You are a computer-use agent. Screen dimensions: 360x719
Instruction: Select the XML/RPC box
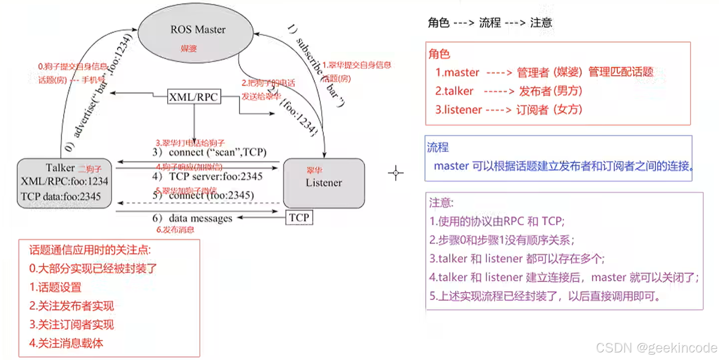[x=194, y=97]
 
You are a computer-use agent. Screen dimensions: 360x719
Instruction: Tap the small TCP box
[x=299, y=218]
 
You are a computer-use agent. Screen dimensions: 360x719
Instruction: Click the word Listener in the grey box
[x=324, y=183]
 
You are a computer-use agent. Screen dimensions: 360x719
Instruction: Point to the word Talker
[x=60, y=168]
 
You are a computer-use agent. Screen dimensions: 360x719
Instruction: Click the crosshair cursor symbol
[x=396, y=173]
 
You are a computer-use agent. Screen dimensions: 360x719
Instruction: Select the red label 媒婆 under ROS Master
[x=188, y=48]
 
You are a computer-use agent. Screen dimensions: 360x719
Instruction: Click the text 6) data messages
[x=192, y=218]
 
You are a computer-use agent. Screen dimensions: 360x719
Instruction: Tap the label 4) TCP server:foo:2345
[x=207, y=176]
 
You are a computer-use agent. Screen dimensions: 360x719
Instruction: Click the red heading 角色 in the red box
[x=439, y=54]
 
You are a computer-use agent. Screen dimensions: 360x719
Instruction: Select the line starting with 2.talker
[x=508, y=91]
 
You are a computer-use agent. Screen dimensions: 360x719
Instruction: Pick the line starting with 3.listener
[x=508, y=110]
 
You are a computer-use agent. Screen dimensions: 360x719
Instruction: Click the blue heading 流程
[x=438, y=147]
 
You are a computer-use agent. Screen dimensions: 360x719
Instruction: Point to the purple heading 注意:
[x=441, y=203]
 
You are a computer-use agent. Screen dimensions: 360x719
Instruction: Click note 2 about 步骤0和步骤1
[x=502, y=240]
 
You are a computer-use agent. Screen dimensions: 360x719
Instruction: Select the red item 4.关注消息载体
[x=66, y=343]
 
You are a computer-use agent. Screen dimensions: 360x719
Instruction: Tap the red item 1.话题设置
[x=55, y=287]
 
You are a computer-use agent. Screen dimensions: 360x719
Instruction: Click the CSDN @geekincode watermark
[x=656, y=348]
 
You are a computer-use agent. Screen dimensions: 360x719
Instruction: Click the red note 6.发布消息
[x=175, y=230]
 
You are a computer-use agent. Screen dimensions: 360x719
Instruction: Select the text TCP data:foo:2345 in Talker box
[x=61, y=196]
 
